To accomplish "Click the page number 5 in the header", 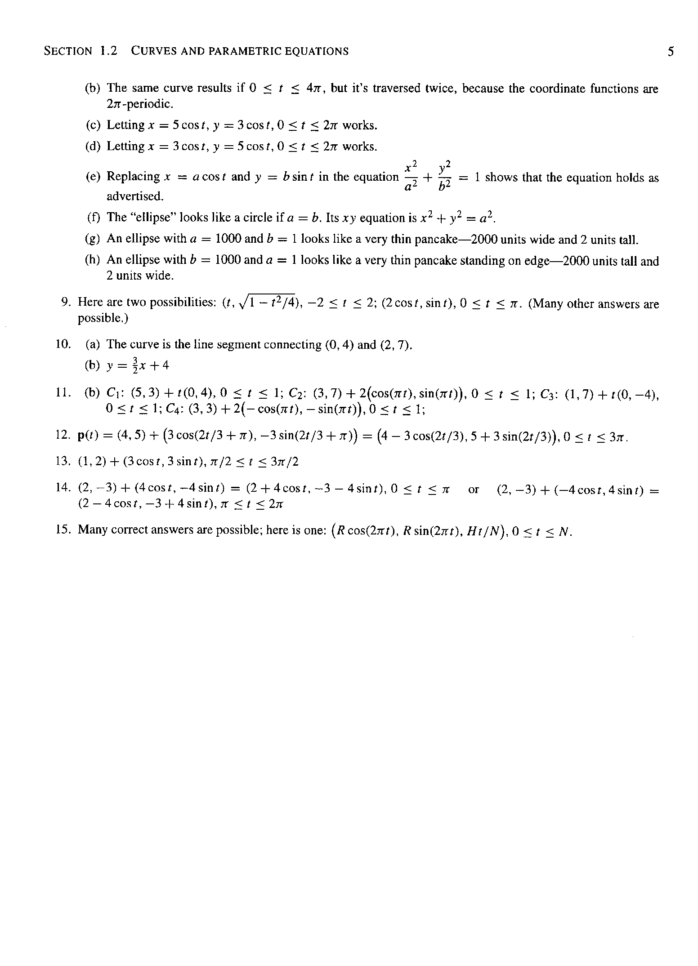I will pos(671,51).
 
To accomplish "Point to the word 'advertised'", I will pos(135,196).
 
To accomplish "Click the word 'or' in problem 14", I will pos(474,489).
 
